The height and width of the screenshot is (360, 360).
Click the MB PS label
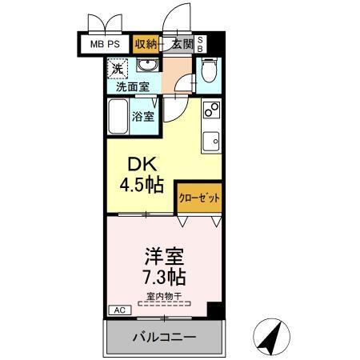click(x=105, y=44)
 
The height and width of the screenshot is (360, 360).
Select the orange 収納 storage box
click(x=146, y=44)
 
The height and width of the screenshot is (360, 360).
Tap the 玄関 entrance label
click(x=182, y=44)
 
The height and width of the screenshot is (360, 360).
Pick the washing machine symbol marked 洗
click(x=118, y=70)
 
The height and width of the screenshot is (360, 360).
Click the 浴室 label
click(x=143, y=116)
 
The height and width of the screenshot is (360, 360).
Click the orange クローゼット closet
click(x=198, y=196)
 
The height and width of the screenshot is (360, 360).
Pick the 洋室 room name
click(x=164, y=258)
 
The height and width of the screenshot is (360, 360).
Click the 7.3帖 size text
click(x=164, y=278)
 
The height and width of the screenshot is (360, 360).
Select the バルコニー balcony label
click(x=163, y=337)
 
